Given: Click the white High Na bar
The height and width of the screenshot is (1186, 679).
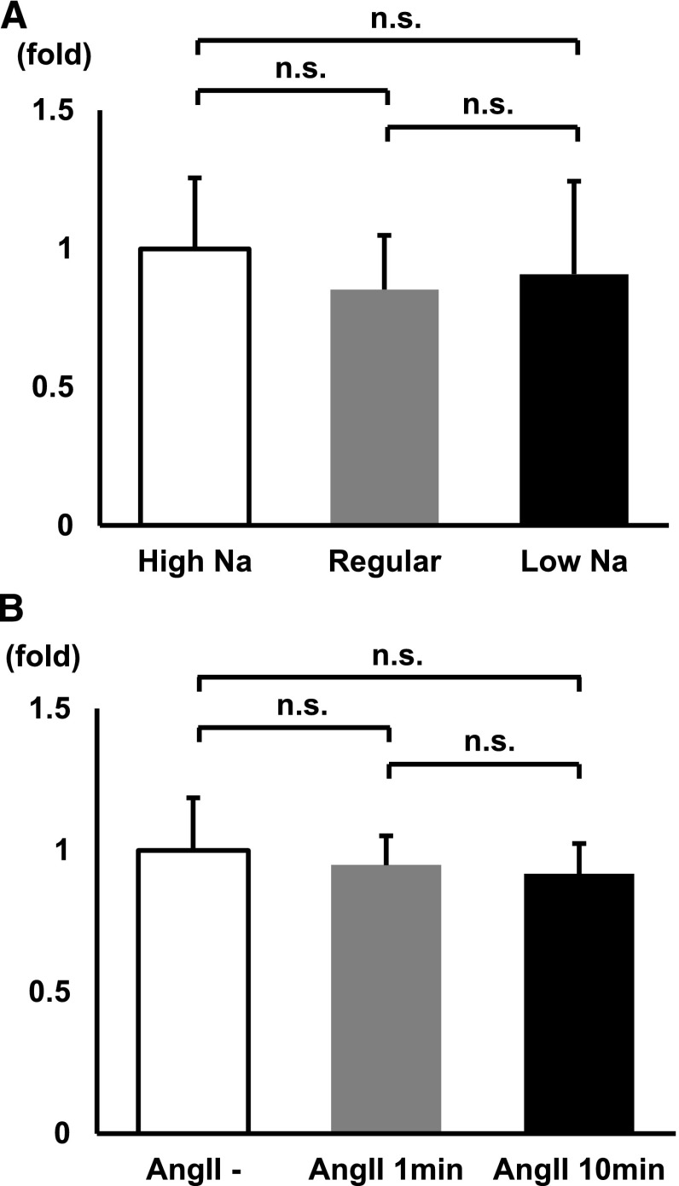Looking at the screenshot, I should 194,386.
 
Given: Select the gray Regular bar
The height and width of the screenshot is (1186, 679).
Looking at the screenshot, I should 385,406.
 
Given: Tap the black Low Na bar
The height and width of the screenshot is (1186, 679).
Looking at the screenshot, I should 574,398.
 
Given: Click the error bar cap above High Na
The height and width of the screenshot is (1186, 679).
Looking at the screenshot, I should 194,177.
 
